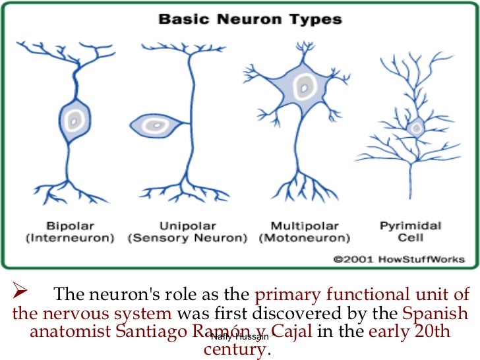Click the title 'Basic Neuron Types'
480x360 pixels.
click(x=249, y=20)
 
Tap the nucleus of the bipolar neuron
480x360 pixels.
click(x=74, y=120)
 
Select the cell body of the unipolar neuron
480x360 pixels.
click(x=154, y=125)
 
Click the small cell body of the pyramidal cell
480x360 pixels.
click(x=415, y=127)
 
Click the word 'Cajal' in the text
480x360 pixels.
click(x=291, y=331)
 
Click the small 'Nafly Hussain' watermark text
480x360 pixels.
click(x=239, y=337)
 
